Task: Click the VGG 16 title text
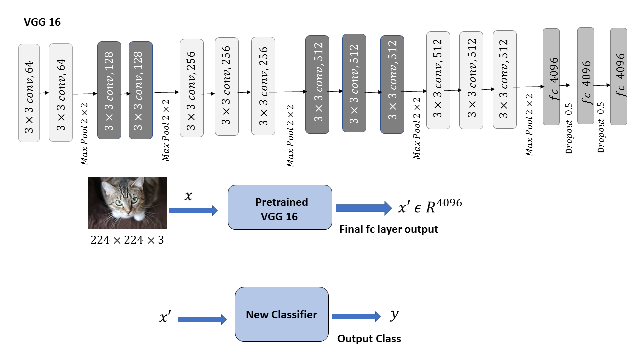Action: click(x=42, y=22)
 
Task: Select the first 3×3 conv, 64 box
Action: click(x=29, y=93)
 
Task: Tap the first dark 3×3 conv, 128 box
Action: click(x=109, y=90)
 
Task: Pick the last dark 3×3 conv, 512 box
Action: click(x=392, y=84)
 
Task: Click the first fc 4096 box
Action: click(x=551, y=76)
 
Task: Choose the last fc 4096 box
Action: click(x=618, y=76)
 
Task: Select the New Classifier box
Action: click(x=282, y=315)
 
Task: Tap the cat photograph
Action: click(x=127, y=203)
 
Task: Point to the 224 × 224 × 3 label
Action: click(x=127, y=240)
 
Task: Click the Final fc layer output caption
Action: click(x=388, y=229)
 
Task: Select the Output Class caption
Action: click(x=369, y=339)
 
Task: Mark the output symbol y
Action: click(x=394, y=315)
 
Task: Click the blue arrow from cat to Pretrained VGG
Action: click(x=193, y=211)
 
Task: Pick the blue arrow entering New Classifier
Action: click(x=202, y=319)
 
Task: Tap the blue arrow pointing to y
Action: click(x=356, y=316)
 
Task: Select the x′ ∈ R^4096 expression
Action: click(x=430, y=206)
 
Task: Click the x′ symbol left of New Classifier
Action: click(x=166, y=317)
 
